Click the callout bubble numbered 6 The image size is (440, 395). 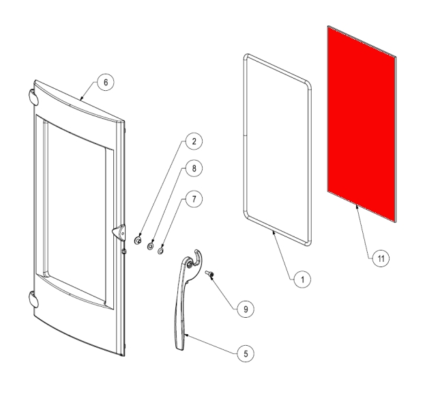106,83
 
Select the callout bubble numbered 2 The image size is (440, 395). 194,141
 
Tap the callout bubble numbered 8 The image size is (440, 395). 194,168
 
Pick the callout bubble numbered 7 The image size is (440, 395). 194,200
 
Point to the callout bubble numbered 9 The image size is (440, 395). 246,310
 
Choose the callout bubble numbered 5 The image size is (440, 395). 246,354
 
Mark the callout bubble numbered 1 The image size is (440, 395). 302,280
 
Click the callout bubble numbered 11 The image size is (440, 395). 381,258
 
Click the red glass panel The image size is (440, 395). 362,124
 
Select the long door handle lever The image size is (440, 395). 181,303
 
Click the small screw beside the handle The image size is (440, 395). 209,273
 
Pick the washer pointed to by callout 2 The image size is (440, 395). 138,241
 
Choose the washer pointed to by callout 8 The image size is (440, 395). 150,246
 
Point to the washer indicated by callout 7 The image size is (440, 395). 160,251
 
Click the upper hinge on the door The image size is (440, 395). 33,97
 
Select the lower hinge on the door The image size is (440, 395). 33,300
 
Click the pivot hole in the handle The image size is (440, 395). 190,264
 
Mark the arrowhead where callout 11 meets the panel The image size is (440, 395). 357,207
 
